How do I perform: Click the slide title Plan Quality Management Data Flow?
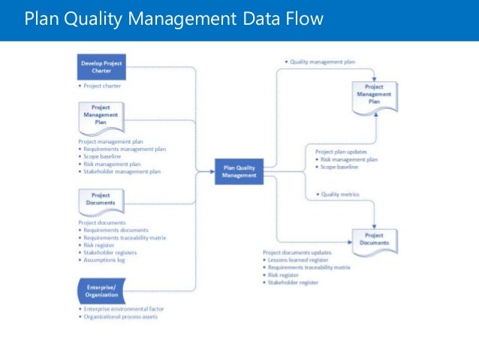(x=173, y=18)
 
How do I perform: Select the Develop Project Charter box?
(x=101, y=67)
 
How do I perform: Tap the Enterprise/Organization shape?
(x=101, y=289)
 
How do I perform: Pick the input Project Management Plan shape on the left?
(x=101, y=116)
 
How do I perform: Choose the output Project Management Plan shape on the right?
(x=375, y=95)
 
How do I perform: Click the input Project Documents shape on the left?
(x=101, y=199)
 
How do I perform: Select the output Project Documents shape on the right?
(x=375, y=240)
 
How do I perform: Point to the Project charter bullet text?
(x=104, y=86)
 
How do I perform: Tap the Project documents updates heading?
(x=296, y=252)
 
